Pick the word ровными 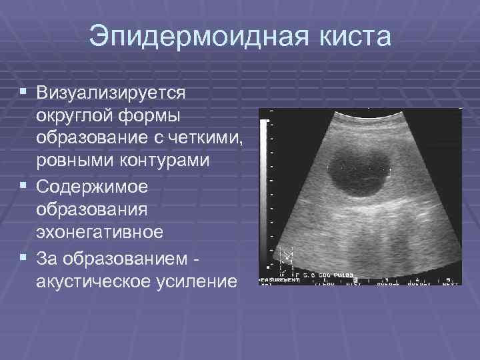coord(74,161)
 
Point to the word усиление coord(199,281)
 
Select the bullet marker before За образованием coord(23,257)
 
